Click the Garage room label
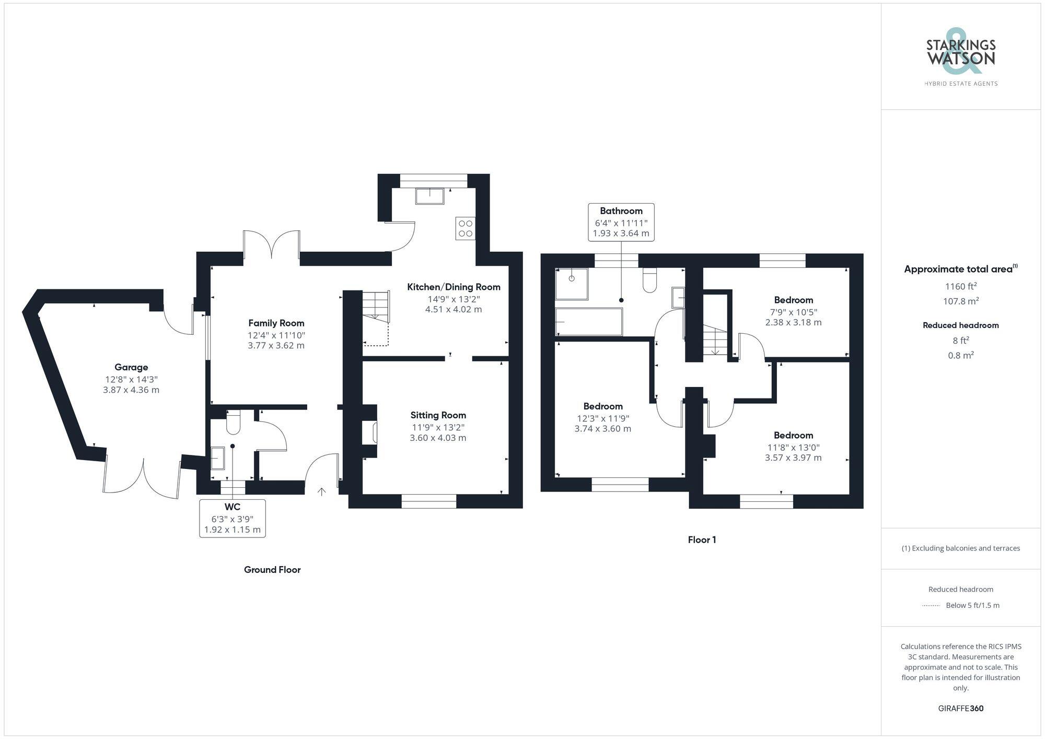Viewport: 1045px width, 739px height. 131,367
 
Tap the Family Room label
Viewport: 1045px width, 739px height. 276,323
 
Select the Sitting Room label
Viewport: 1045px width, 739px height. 438,415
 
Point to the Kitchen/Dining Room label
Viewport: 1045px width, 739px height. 454,287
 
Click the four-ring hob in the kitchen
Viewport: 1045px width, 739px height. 465,229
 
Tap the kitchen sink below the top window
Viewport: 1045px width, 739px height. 429,196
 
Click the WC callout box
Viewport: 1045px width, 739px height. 232,518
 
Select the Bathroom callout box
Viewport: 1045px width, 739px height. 621,222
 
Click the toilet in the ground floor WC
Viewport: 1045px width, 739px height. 233,423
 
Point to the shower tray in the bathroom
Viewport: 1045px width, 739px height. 572,284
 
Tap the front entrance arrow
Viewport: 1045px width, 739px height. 322,491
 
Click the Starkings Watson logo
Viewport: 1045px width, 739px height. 960,58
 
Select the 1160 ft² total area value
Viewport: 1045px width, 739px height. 960,286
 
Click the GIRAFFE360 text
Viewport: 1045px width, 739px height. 960,708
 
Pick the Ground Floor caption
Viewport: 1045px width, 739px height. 272,570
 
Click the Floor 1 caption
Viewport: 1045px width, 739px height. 702,540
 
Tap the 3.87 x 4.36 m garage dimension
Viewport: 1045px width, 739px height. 131,390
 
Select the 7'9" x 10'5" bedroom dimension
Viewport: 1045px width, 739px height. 793,312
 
